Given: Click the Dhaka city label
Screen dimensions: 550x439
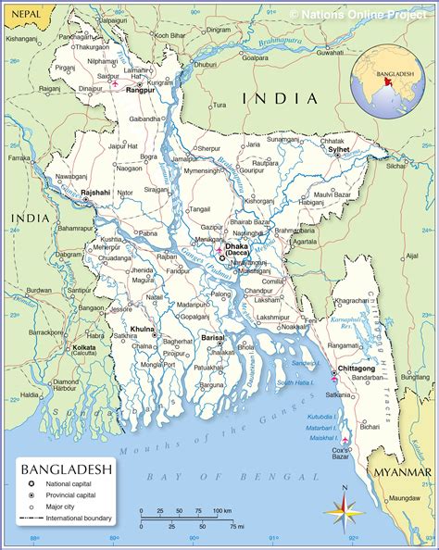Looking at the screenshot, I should (238, 246).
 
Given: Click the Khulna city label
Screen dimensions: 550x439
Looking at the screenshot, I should (143, 329).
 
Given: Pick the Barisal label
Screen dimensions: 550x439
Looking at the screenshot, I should (213, 338).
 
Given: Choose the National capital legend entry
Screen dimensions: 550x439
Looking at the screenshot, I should (70, 484).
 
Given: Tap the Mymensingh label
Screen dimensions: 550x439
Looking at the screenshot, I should (203, 171).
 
